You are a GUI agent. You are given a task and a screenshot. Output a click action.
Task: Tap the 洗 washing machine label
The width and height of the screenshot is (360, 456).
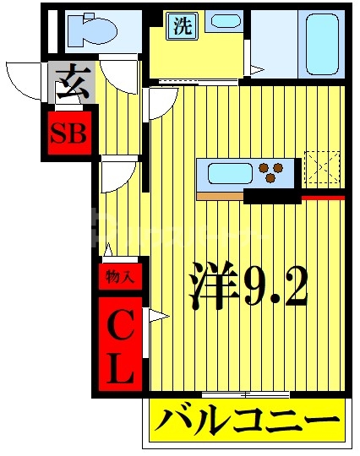click(182, 25)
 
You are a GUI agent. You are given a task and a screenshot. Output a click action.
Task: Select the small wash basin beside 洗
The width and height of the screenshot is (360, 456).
click(224, 22)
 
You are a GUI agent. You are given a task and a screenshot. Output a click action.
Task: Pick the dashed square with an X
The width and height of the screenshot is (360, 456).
click(321, 167)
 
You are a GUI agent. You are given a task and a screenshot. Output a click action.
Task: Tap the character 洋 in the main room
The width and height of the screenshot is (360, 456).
click(210, 287)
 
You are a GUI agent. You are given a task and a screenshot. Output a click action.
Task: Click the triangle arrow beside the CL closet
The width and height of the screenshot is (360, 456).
click(158, 317)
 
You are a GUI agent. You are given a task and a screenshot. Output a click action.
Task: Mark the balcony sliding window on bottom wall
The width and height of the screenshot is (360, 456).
click(245, 394)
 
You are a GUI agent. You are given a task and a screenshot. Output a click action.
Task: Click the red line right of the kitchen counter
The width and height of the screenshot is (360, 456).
click(323, 198)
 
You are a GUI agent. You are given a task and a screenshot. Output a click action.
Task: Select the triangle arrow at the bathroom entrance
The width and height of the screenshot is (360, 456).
click(254, 70)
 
